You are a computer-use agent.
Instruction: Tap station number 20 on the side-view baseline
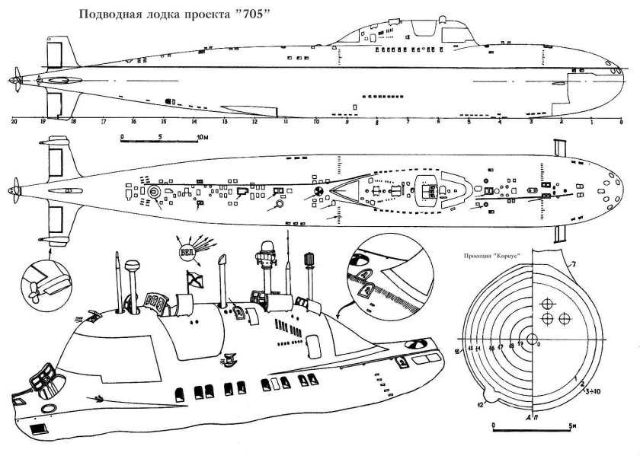(x=14, y=121)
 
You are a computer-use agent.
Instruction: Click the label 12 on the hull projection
(x=481, y=403)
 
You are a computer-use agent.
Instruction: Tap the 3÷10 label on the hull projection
(x=590, y=393)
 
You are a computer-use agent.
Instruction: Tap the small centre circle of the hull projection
(x=531, y=339)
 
